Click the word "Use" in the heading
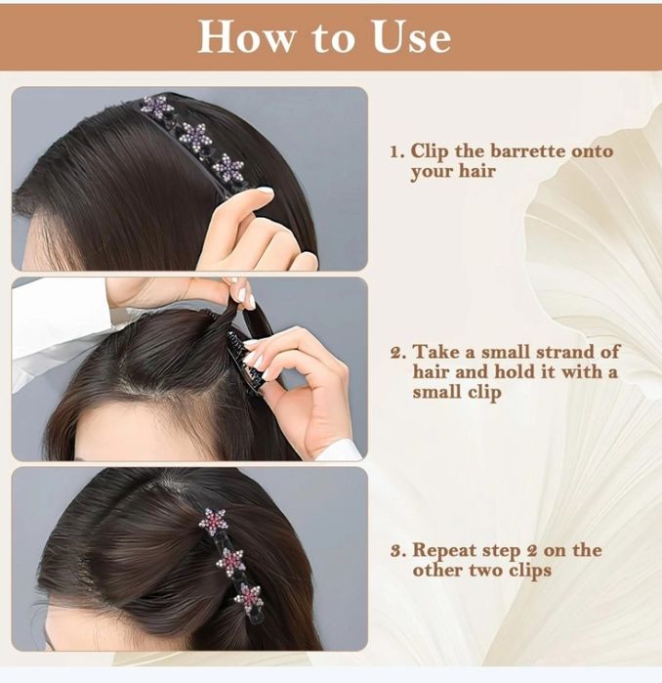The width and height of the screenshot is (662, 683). [411, 37]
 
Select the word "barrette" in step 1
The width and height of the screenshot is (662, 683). [527, 151]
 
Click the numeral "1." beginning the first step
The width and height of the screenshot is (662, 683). [397, 152]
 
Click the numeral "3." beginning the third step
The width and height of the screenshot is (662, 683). [398, 551]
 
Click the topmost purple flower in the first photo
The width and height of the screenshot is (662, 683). [155, 107]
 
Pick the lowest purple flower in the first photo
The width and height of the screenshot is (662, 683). [228, 168]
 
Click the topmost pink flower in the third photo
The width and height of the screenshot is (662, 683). [212, 522]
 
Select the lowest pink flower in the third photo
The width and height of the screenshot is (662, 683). [249, 599]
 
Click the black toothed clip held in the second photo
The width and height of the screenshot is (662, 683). [246, 363]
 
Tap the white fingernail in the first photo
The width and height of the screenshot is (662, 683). [265, 191]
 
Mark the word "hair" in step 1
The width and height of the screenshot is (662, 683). [477, 171]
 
